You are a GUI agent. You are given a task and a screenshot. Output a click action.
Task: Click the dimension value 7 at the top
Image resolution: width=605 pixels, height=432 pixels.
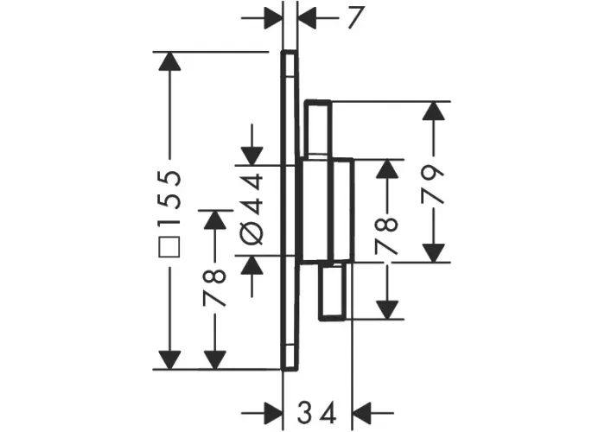coord(355,18)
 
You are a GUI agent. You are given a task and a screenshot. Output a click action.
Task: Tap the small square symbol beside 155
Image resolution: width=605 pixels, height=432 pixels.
coord(169,246)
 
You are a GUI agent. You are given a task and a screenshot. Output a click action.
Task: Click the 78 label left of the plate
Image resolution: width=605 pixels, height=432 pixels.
coord(214,288)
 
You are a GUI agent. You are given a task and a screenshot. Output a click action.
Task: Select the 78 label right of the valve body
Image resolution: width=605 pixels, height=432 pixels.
coord(386,236)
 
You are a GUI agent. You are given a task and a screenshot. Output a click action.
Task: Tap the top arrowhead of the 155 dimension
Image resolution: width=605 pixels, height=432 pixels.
coord(169,61)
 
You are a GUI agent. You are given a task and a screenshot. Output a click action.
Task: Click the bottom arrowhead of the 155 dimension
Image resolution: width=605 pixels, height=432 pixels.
coord(169,360)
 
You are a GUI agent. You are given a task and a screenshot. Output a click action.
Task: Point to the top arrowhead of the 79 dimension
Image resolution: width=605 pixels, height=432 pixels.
coord(434,111)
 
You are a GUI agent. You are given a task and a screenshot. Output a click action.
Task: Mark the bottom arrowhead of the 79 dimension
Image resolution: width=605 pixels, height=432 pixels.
coord(434,253)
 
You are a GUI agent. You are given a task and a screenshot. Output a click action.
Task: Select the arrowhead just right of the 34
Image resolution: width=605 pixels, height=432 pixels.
coord(362,413)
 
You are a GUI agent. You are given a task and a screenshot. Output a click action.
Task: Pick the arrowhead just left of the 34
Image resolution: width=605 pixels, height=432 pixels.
coord(274,413)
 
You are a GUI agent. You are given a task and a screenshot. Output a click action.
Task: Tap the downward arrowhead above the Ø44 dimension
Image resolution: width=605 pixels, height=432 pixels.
coord(252,156)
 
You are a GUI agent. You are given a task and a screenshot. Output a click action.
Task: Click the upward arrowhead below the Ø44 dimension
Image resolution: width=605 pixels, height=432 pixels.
coord(252,265)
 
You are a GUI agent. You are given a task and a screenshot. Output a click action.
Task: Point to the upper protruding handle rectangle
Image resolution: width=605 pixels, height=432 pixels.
coord(318,130)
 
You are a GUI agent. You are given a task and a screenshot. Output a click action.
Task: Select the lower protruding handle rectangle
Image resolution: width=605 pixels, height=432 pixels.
coord(332,291)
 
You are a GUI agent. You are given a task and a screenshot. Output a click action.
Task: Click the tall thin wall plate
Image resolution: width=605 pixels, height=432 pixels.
coord(290,211)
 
